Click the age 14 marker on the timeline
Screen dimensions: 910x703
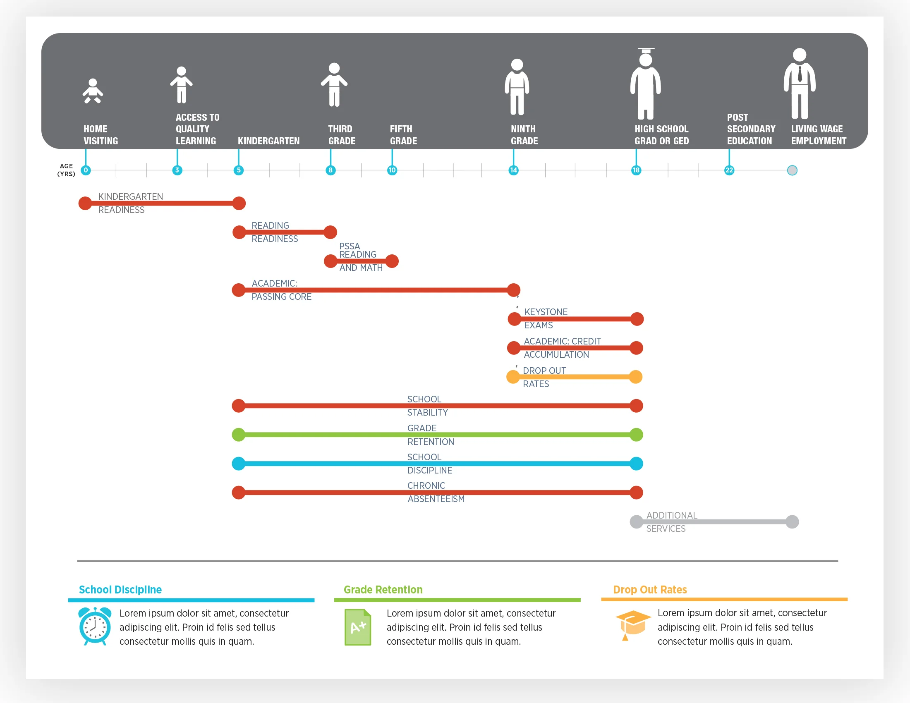[x=513, y=170]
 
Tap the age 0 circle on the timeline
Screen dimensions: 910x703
[x=86, y=170]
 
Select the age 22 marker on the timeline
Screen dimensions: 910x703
[x=729, y=170]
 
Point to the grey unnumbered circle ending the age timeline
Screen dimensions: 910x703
[x=792, y=170]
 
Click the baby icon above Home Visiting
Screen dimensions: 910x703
[x=93, y=91]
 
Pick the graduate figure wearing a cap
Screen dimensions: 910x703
[x=645, y=83]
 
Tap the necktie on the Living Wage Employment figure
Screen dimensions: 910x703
[x=800, y=74]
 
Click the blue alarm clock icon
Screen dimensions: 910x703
[x=95, y=626]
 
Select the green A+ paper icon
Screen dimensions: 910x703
[x=357, y=627]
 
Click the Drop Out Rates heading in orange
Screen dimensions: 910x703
[x=649, y=589]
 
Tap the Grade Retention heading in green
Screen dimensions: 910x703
[x=383, y=589]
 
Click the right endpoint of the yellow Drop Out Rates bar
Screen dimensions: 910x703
[x=635, y=377]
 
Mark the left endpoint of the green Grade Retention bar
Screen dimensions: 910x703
[x=238, y=435]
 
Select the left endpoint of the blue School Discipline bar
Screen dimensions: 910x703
[x=238, y=464]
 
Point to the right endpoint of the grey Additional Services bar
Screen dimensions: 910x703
[x=792, y=522]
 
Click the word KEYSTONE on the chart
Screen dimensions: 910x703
[x=546, y=312]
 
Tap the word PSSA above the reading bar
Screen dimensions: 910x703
[x=349, y=246]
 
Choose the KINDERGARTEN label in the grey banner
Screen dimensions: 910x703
[x=268, y=141]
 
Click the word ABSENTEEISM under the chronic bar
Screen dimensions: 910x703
[x=436, y=499]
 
